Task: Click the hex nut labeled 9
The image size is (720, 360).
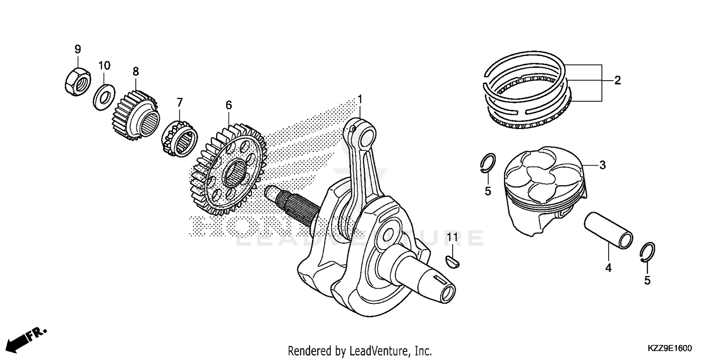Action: point(77,80)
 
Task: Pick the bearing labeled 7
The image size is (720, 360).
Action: point(180,139)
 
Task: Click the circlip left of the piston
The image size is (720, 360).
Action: point(488,163)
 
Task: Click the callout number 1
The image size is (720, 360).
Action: point(360,99)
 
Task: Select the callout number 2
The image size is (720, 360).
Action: point(617,81)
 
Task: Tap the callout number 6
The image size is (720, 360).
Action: point(228,105)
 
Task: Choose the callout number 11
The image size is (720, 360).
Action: point(452,237)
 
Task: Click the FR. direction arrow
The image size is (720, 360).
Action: point(29,337)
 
